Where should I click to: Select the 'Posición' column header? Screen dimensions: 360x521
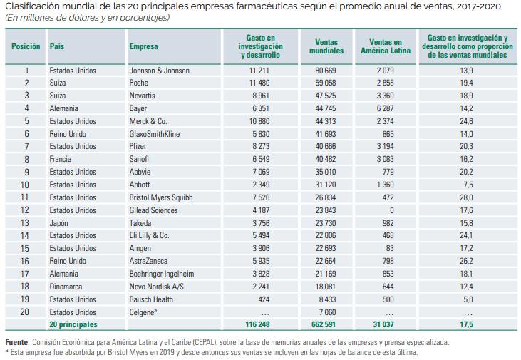(26, 46)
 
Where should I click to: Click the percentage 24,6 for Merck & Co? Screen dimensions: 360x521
(466, 121)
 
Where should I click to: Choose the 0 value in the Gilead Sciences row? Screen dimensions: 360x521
(391, 210)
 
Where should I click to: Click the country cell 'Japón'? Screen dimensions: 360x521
(60, 222)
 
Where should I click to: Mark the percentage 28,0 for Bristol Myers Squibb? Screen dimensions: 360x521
(466, 196)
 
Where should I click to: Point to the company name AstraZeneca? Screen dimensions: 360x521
(149, 262)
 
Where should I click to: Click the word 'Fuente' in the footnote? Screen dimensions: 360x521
(19, 342)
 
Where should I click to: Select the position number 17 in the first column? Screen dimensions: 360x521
(26, 274)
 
